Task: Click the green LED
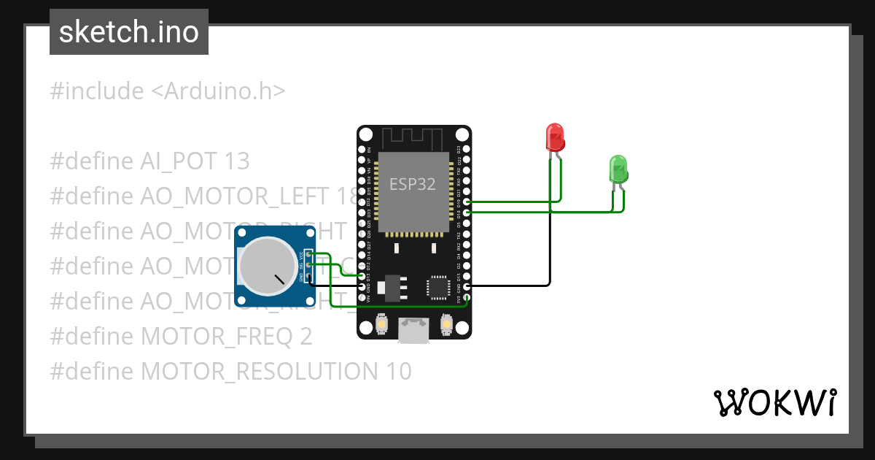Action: [x=618, y=169]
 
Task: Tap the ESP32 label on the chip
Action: [x=413, y=184]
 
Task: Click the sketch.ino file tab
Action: [x=129, y=32]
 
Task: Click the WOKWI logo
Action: [x=774, y=402]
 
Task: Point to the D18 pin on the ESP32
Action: [x=467, y=212]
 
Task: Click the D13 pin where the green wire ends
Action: [x=362, y=277]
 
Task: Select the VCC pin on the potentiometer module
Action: [x=310, y=254]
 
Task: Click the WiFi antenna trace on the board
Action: [x=413, y=137]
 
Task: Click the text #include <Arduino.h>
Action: [x=167, y=92]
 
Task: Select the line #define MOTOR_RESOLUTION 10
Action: [x=230, y=372]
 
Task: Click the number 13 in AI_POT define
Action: [x=236, y=161]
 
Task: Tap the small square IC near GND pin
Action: [x=439, y=287]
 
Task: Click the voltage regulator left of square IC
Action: [x=394, y=287]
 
